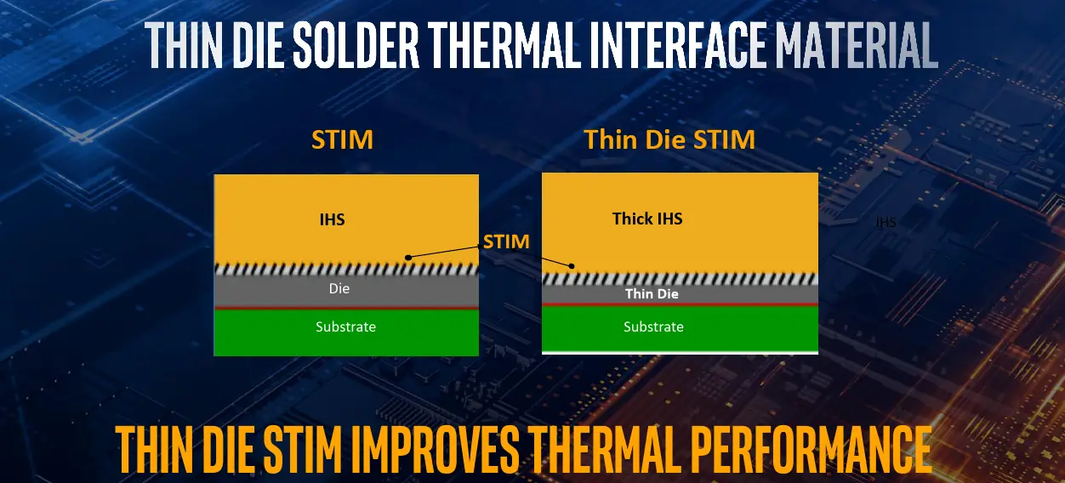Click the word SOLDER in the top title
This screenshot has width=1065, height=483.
click(x=356, y=45)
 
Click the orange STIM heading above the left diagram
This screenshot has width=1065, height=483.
click(x=342, y=139)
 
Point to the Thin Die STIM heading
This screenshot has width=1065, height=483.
click(x=669, y=139)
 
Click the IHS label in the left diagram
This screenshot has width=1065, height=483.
click(x=332, y=219)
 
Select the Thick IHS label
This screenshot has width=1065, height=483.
click(x=647, y=219)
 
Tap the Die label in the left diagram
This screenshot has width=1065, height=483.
click(x=339, y=288)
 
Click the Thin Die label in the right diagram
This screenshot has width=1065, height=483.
click(x=652, y=293)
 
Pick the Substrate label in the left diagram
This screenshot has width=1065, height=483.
click(x=345, y=327)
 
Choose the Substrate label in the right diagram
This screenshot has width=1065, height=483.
click(x=653, y=327)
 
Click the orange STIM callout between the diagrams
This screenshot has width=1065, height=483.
click(x=506, y=242)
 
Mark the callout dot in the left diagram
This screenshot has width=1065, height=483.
click(x=408, y=258)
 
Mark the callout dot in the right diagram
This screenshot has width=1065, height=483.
click(x=572, y=266)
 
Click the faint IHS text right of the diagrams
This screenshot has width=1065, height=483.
click(x=886, y=222)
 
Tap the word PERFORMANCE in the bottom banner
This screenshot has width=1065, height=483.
click(x=810, y=449)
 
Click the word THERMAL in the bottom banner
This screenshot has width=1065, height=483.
click(x=603, y=449)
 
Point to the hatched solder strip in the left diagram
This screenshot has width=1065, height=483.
click(x=346, y=270)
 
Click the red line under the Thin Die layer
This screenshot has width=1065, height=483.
click(x=680, y=304)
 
